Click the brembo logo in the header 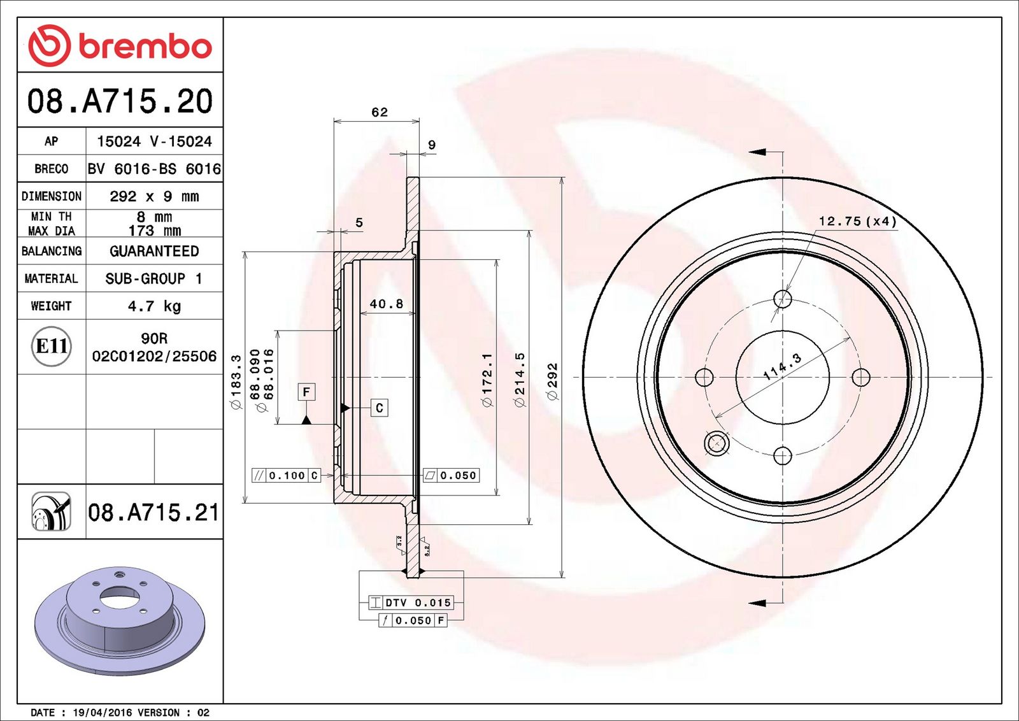coord(120,45)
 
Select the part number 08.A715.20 coord(120,101)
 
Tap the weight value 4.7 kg coord(154,306)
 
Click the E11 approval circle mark coord(52,346)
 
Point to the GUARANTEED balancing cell coord(154,251)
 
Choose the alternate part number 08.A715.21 coord(153,512)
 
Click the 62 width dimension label coord(380,112)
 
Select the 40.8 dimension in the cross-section coord(386,303)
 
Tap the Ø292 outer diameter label coord(552,381)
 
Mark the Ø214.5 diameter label coord(520,380)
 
